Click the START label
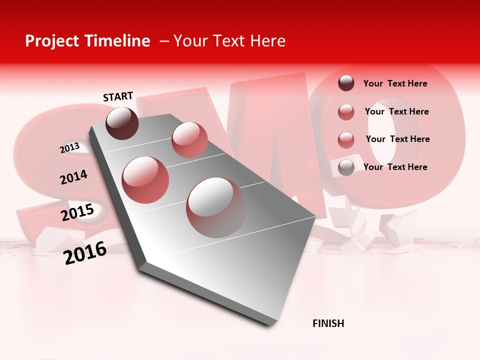[118, 96]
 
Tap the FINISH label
[328, 323]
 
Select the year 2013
[69, 147]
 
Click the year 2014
[73, 177]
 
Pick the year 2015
[77, 212]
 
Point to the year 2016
[85, 252]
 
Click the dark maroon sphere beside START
[122, 123]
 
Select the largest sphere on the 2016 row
[216, 207]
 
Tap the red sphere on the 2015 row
[145, 179]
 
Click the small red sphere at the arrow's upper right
[189, 139]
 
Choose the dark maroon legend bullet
[346, 83]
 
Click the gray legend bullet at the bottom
[346, 167]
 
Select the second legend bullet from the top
[346, 111]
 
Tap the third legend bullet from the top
[346, 139]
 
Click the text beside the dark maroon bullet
[395, 83]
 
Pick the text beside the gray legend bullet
[395, 167]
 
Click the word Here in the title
[267, 41]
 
